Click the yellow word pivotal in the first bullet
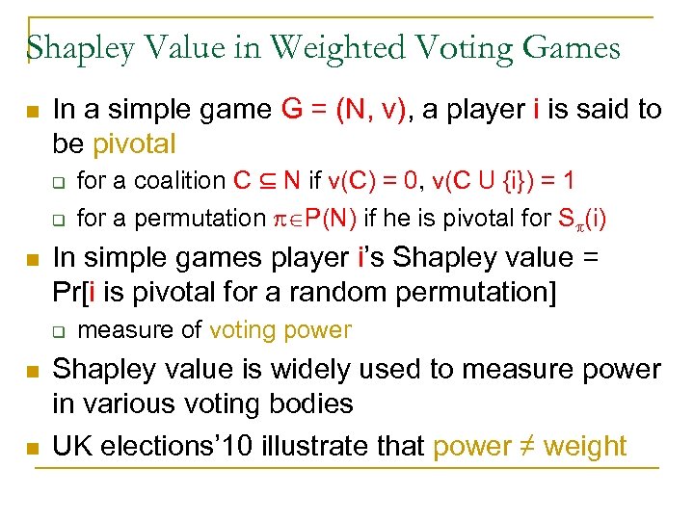135,144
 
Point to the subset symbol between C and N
269,180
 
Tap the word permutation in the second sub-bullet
195,219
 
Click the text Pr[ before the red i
68,292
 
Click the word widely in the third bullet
343,369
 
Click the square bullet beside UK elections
31,447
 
